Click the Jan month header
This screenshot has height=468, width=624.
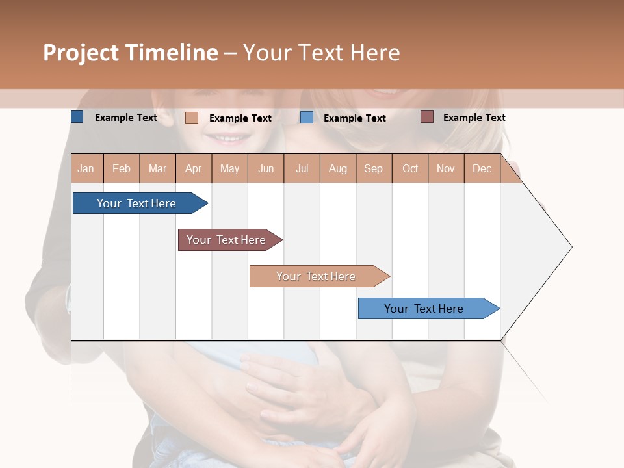pyautogui.click(x=86, y=168)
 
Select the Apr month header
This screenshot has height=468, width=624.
pyautogui.click(x=193, y=168)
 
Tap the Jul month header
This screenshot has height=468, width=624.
pyautogui.click(x=302, y=168)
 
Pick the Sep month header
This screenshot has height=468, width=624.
pyautogui.click(x=373, y=168)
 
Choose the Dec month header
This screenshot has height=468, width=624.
pyautogui.click(x=482, y=168)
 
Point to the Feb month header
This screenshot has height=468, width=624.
pyautogui.click(x=122, y=168)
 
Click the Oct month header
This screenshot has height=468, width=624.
pyautogui.click(x=410, y=168)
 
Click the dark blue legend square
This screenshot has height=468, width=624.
pyautogui.click(x=77, y=117)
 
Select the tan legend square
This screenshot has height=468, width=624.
pyautogui.click(x=191, y=118)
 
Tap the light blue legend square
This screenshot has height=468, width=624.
pyautogui.click(x=307, y=118)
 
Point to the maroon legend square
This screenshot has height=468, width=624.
pyautogui.click(x=426, y=117)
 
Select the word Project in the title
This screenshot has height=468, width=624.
pyautogui.click(x=81, y=53)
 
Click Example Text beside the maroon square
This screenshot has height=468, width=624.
pyautogui.click(x=474, y=118)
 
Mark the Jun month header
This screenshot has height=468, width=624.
pyautogui.click(x=266, y=168)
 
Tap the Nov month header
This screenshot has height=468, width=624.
pyautogui.click(x=445, y=168)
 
